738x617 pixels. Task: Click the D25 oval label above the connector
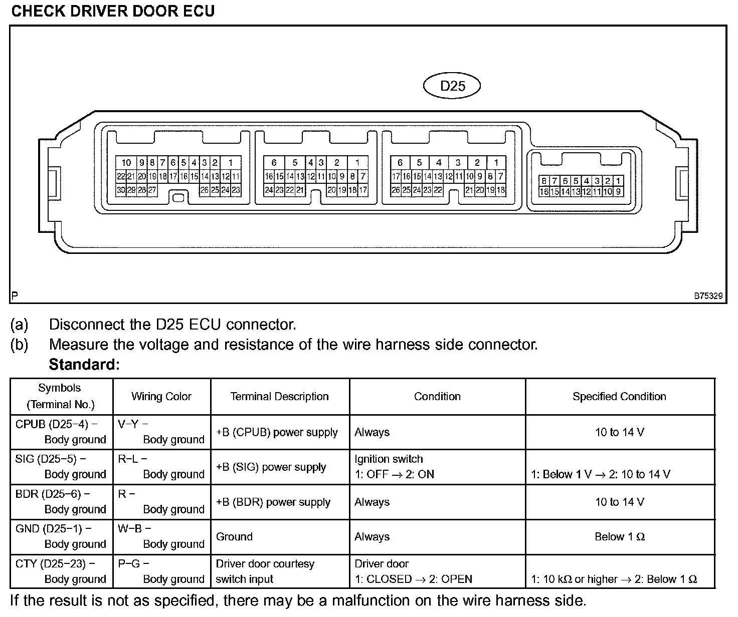click(452, 86)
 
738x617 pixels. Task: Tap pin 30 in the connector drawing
click(121, 190)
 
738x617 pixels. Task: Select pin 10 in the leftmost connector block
click(126, 162)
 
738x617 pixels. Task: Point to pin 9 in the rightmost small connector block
click(618, 191)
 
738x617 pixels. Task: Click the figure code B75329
click(708, 296)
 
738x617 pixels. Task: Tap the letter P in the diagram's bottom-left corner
click(15, 296)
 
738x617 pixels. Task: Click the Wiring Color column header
click(161, 397)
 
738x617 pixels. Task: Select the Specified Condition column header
click(619, 397)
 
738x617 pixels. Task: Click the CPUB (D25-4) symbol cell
click(61, 432)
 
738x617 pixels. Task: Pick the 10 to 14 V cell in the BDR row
click(619, 502)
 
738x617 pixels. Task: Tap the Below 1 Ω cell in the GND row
click(619, 537)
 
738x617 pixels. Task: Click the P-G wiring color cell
click(161, 571)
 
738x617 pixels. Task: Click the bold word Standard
click(84, 365)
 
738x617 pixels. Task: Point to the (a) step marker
click(19, 325)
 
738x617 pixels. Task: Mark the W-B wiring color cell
click(161, 536)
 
